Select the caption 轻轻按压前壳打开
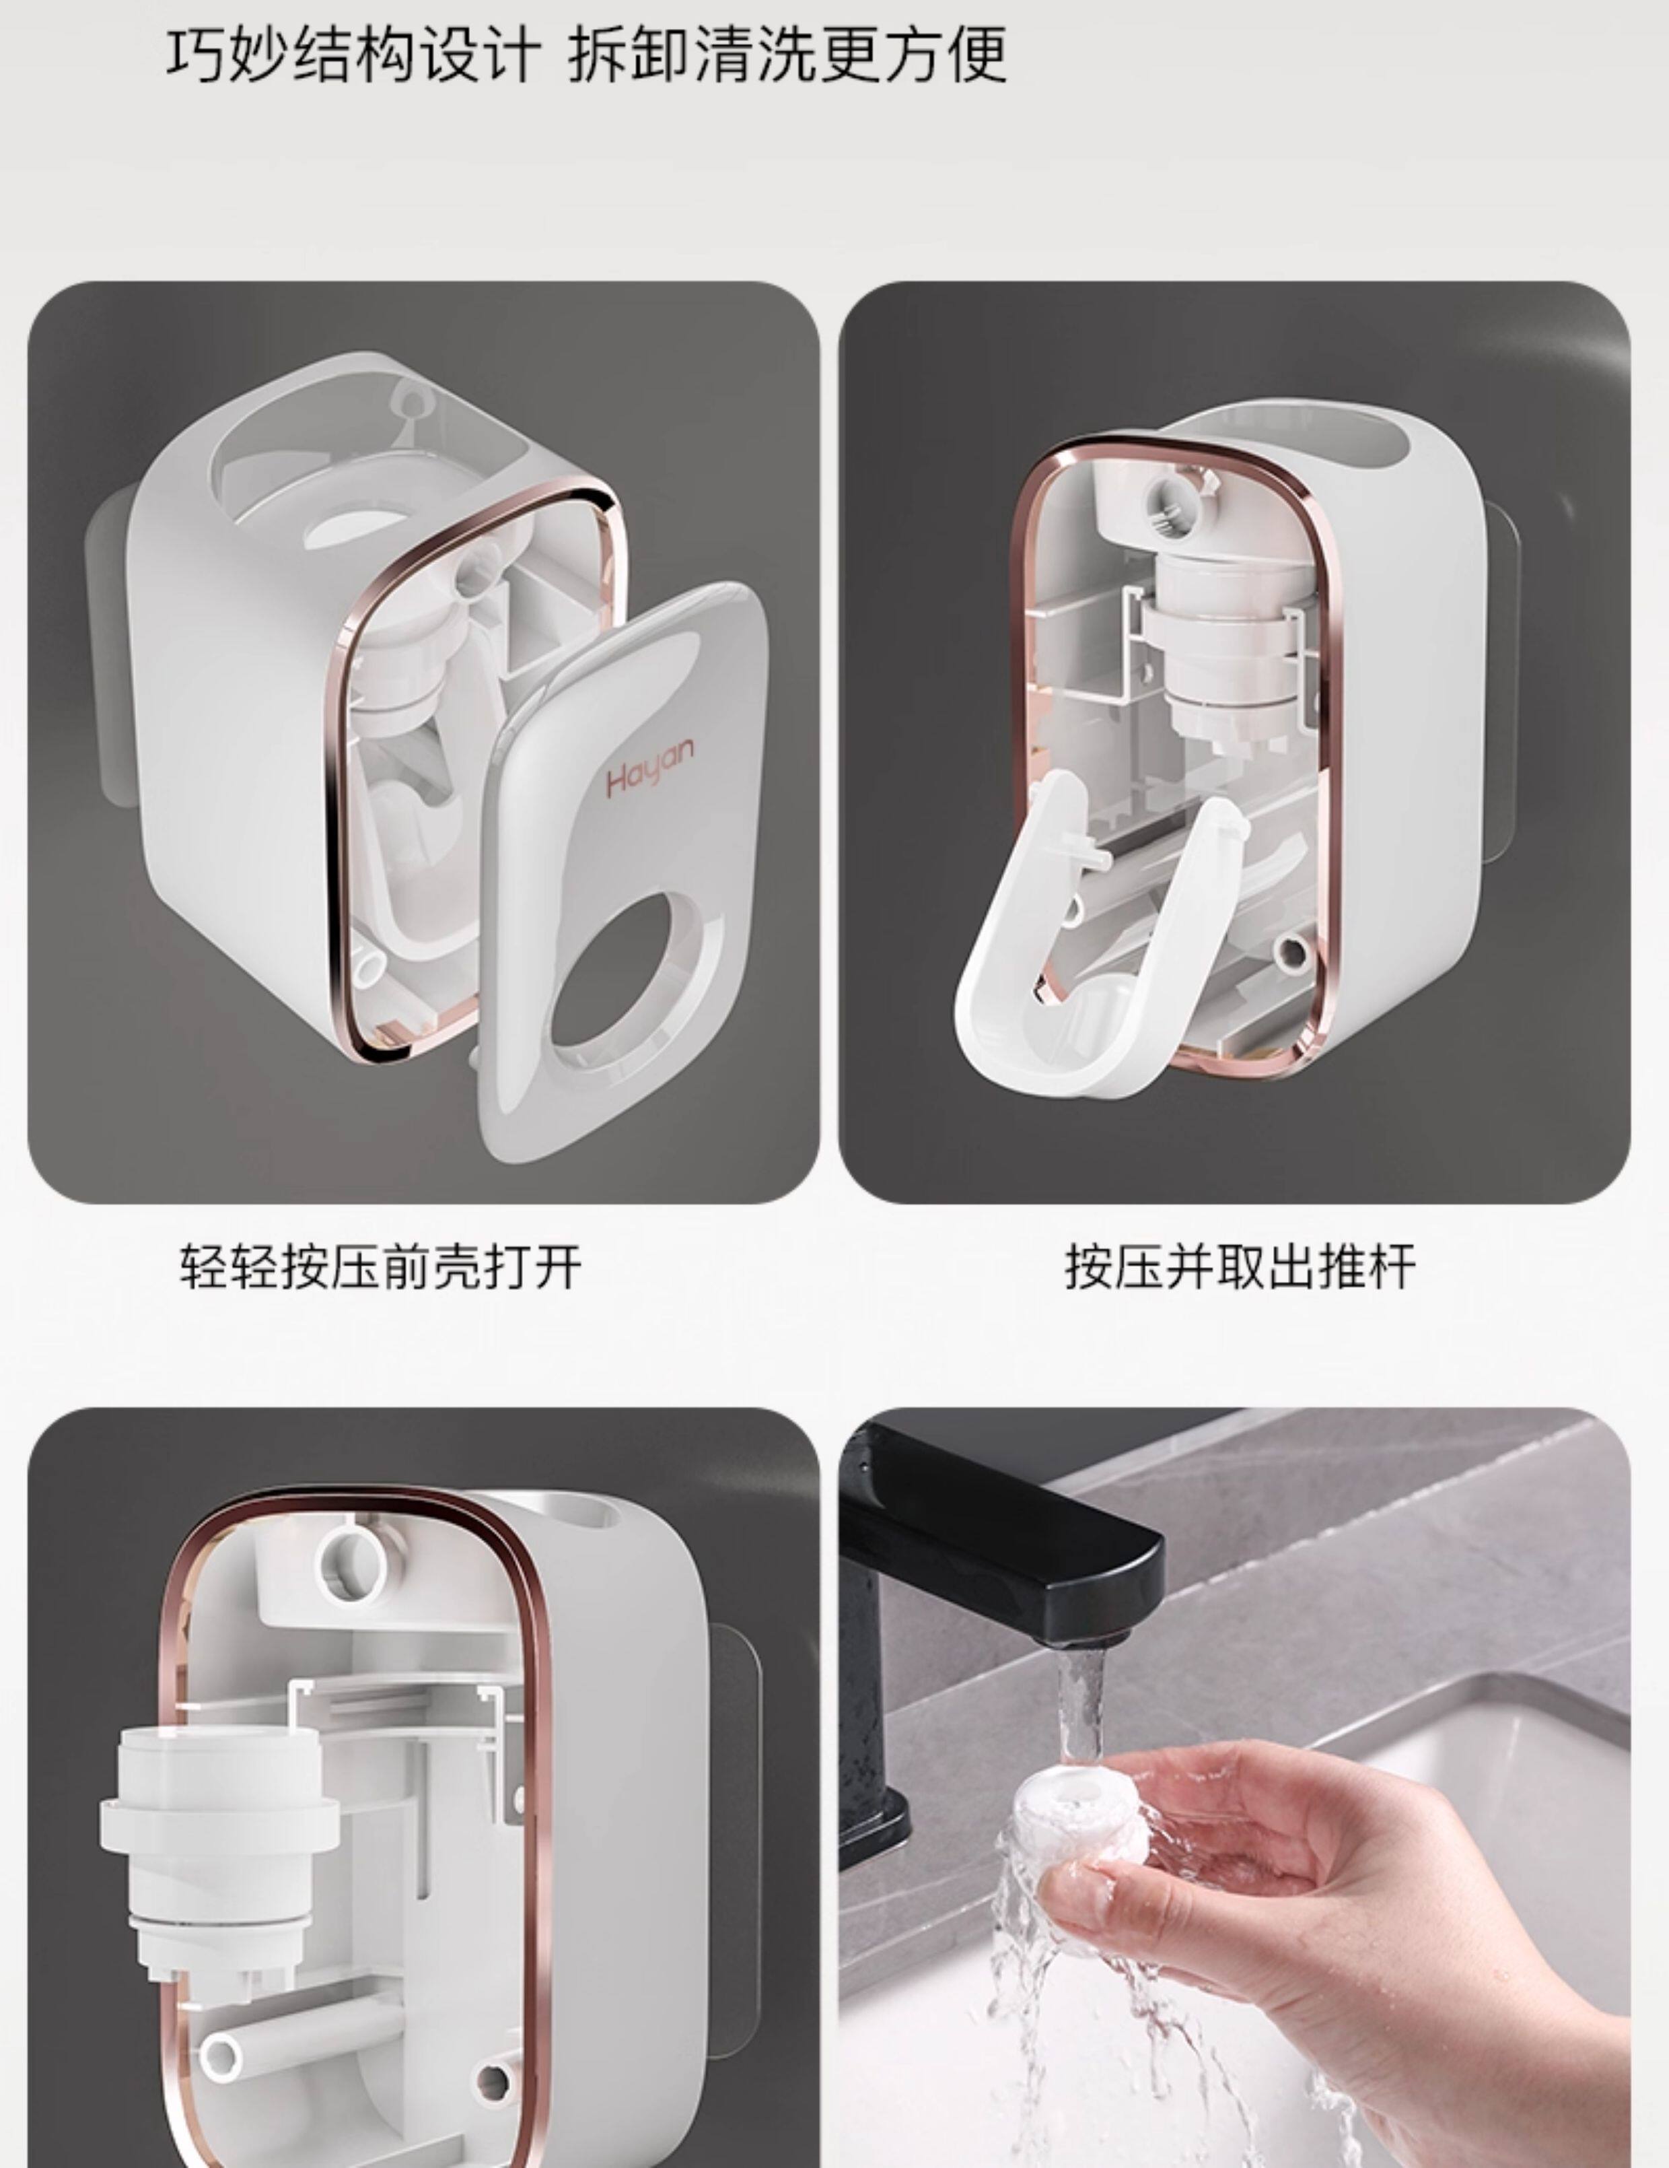click(x=380, y=1268)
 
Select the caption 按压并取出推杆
click(x=1240, y=1268)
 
